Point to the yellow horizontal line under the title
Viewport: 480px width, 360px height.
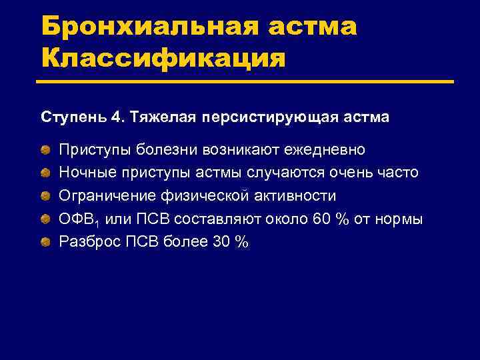[247, 82]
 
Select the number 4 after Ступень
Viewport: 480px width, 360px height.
[117, 117]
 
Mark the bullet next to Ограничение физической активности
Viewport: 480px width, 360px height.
[46, 196]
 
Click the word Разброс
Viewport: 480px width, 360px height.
[89, 242]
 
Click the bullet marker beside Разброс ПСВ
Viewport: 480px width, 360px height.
[46, 242]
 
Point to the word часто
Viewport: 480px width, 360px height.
[399, 173]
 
